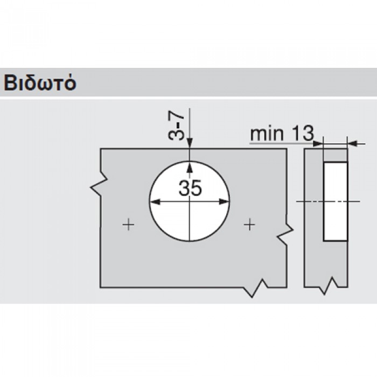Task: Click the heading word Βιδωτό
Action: (40, 83)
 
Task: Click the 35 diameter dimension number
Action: (190, 188)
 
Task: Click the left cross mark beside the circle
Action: (128, 225)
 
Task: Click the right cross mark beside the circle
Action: (249, 225)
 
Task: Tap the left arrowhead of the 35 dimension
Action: (155, 201)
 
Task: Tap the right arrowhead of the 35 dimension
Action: (224, 201)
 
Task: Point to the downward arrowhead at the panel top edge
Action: (190, 143)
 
